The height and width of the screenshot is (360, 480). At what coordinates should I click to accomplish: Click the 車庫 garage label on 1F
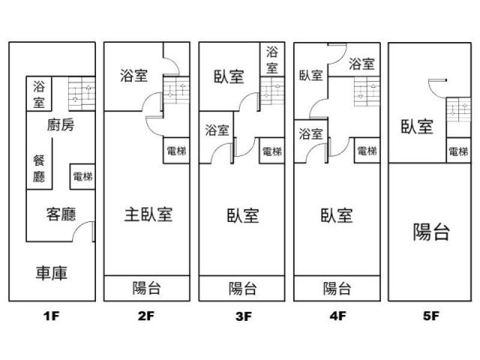pos(52,273)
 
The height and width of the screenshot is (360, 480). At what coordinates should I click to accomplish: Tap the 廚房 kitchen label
pos(61,125)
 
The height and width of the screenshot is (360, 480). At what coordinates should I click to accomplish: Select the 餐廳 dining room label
pos(39,169)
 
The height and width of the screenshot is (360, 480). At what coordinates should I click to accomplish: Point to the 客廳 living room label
pos(61,214)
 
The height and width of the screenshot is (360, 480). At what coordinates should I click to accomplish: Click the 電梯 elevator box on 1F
pos(82,177)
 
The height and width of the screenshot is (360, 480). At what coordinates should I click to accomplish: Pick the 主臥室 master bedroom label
pos(148,214)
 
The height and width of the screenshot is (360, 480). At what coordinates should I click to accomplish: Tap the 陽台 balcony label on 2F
pos(147,288)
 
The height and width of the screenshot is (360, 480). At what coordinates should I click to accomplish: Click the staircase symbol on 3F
pos(272,91)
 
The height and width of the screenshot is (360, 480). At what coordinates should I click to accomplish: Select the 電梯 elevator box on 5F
pos(458,151)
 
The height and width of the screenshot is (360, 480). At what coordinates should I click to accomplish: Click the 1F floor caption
pos(51,316)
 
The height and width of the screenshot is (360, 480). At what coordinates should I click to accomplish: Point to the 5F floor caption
pos(431,316)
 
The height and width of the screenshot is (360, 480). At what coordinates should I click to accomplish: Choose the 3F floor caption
pos(244,316)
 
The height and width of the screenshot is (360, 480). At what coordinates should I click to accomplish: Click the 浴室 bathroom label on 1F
pos(39,94)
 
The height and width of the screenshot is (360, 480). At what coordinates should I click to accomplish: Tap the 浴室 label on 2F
pos(133,76)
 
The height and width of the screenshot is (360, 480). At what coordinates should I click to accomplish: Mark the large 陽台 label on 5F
pos(431,232)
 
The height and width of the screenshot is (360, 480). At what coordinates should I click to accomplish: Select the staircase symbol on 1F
pos(82,93)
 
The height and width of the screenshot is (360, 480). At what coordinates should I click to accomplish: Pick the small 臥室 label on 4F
pos(310,75)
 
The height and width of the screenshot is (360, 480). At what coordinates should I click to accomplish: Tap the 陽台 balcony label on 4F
pos(337,288)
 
